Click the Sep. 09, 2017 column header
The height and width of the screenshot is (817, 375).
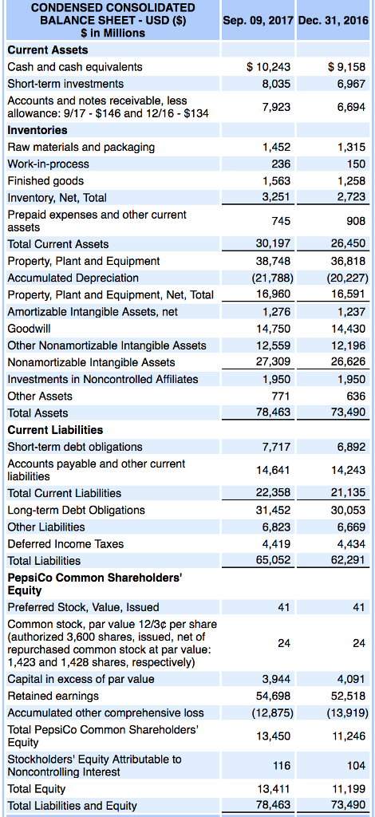(x=259, y=18)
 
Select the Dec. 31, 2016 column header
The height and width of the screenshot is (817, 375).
(x=334, y=18)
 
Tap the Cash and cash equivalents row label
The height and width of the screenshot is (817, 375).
(x=75, y=66)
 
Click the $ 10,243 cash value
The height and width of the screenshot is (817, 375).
(x=269, y=66)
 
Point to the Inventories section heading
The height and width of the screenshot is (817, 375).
(x=37, y=129)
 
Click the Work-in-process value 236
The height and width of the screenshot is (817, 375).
(x=282, y=164)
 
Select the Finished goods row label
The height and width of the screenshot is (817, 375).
(x=45, y=180)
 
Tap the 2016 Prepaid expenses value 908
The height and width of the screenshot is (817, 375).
(x=356, y=220)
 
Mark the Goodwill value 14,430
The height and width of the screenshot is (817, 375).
(x=348, y=329)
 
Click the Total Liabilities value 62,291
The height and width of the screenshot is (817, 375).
(x=348, y=560)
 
